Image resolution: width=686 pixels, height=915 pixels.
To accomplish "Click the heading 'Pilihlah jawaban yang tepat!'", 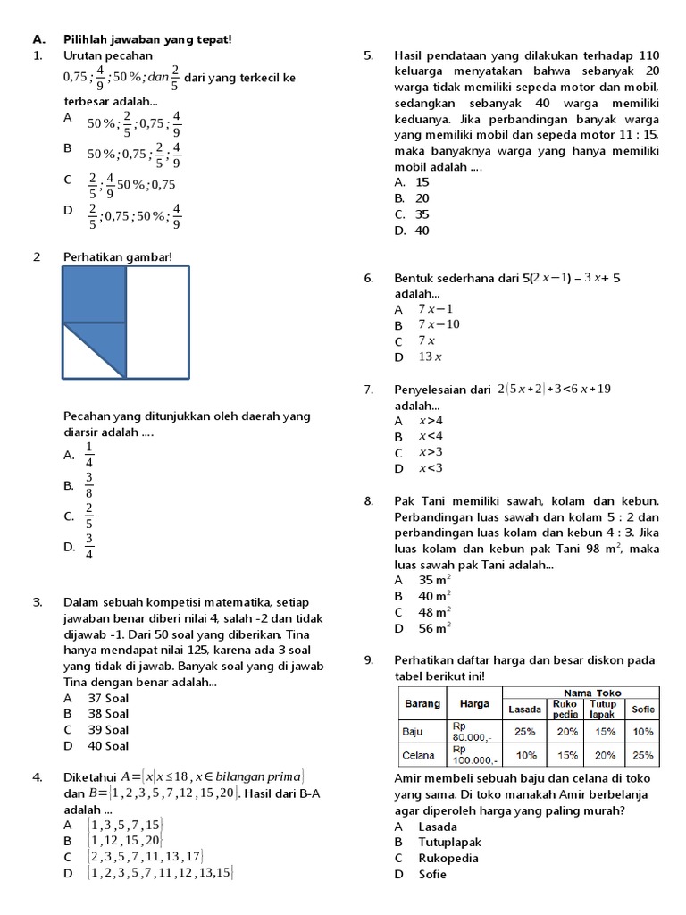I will tap(147, 39).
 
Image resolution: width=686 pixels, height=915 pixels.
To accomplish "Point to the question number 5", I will tap(369, 55).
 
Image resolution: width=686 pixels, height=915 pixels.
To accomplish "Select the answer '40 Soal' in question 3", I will tap(108, 745).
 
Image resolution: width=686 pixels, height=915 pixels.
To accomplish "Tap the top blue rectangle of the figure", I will tap(94, 294).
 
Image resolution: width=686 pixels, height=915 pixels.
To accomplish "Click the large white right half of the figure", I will tap(157, 322).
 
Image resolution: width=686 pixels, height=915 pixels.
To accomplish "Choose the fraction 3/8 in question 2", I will tap(89, 485).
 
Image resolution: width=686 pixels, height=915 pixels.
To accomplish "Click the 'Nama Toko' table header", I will tap(581, 693).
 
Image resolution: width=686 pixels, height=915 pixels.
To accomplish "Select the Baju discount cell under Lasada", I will tap(524, 731).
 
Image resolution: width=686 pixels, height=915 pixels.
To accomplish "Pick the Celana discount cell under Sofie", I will tap(642, 754).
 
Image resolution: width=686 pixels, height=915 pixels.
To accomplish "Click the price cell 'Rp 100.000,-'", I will tap(474, 754).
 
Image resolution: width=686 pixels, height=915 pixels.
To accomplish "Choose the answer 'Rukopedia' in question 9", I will tap(448, 858).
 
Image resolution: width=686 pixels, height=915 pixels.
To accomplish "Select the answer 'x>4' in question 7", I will tap(431, 420).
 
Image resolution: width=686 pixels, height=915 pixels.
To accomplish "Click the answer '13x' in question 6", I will tap(431, 357).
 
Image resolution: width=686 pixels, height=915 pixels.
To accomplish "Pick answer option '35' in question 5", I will tap(422, 214).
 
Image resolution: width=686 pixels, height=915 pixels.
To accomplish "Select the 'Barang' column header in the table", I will tap(422, 703).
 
